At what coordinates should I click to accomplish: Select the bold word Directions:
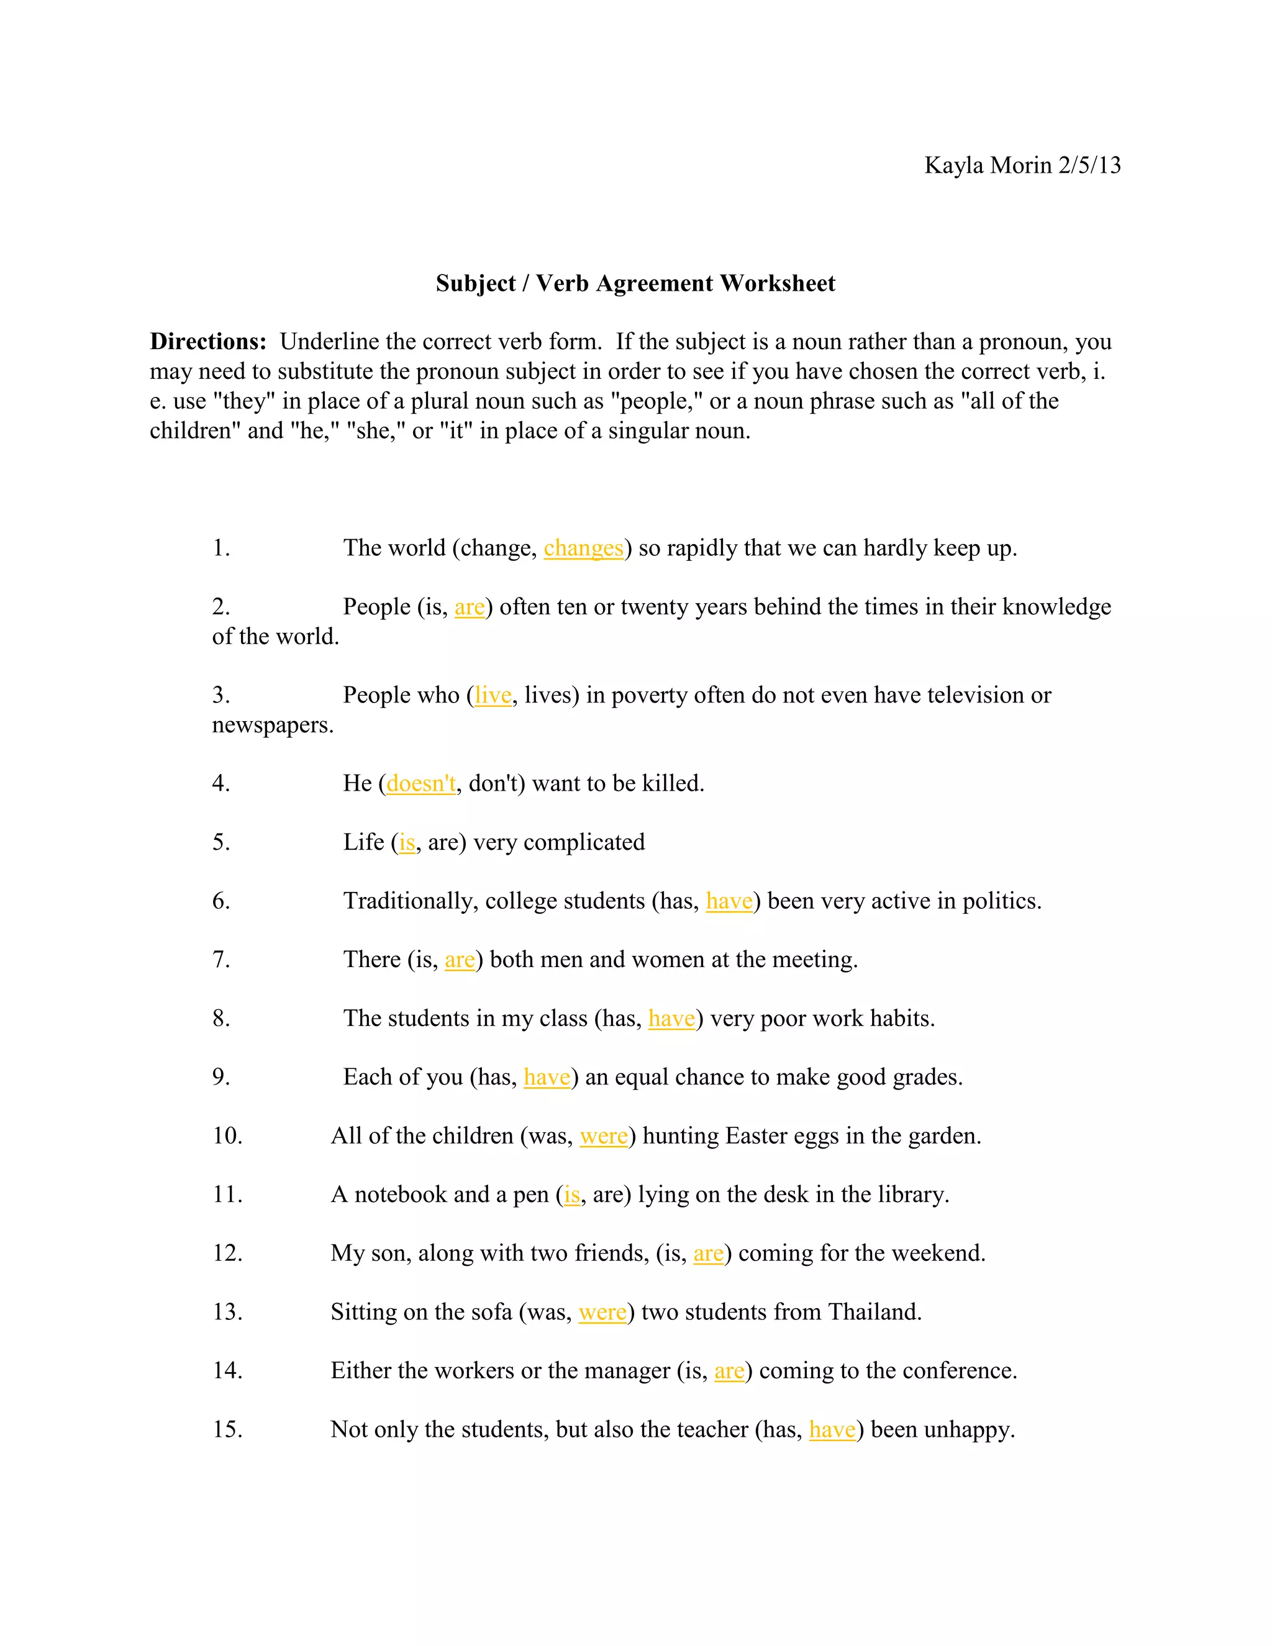point(208,342)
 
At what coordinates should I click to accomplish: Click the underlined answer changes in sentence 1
point(583,548)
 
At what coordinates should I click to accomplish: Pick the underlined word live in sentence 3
point(493,695)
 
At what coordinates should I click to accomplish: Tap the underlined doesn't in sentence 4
point(421,784)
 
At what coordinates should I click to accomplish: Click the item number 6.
point(220,901)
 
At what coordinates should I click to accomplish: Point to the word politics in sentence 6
point(1001,901)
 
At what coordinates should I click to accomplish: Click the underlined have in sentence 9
point(547,1078)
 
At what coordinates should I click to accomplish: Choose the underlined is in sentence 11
point(572,1194)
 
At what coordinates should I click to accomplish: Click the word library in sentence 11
point(914,1194)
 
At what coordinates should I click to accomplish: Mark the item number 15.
point(227,1430)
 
